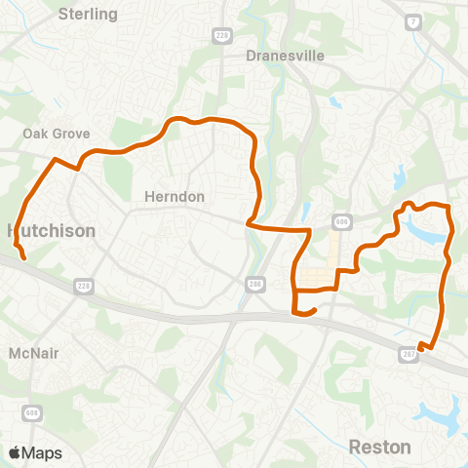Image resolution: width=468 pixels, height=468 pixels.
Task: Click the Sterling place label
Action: [x=88, y=15]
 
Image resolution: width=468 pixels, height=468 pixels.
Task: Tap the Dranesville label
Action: [x=285, y=56]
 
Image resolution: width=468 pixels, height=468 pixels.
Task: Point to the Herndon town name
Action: [x=175, y=196]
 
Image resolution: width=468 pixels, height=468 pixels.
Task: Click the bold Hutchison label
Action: [x=51, y=231]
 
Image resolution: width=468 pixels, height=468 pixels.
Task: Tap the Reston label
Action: [x=380, y=447]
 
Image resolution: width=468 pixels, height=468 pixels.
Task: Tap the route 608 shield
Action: [x=33, y=412]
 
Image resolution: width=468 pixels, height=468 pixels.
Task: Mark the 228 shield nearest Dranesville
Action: [x=220, y=34]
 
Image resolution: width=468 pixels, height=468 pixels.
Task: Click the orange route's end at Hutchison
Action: [x=22, y=258]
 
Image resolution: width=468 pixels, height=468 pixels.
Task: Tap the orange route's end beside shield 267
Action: [x=419, y=347]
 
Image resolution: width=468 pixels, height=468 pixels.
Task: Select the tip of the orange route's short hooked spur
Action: [x=315, y=310]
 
